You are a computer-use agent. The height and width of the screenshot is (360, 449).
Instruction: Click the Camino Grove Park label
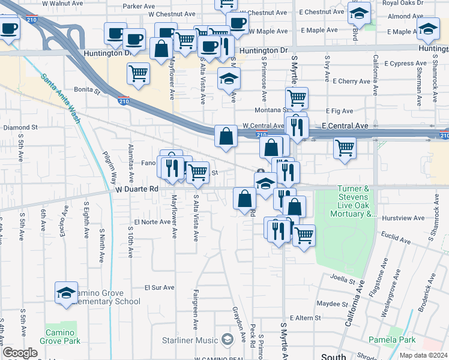point(61,337)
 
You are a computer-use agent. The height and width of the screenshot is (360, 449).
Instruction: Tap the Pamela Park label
point(400,340)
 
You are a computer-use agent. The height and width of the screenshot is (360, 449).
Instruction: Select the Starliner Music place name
point(190,340)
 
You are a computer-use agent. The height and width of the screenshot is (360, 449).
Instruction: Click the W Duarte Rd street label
point(136,188)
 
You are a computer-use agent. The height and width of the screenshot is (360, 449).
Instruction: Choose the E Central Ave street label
point(345,126)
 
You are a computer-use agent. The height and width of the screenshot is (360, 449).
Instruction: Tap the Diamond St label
point(20,128)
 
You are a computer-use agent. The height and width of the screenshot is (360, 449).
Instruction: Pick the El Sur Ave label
point(159,287)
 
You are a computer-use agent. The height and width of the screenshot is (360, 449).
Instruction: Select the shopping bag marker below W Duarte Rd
point(244,199)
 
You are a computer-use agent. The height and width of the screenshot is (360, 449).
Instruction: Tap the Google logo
point(20,353)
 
